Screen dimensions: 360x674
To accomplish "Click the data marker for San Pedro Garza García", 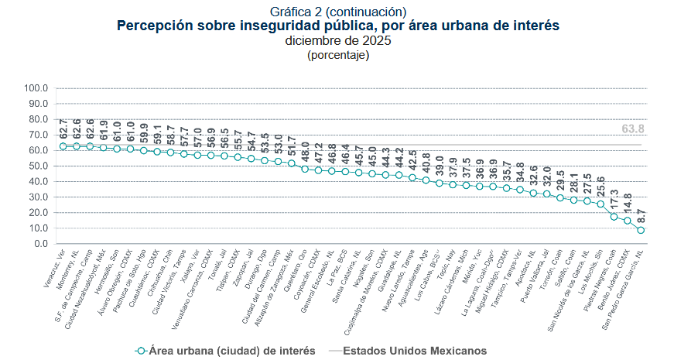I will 641,230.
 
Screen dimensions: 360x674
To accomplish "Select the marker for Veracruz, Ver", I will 63,146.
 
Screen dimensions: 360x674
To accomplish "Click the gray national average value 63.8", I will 633,129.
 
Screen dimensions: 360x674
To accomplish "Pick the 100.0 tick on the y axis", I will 36,88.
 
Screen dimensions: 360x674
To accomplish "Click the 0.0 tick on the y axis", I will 39,244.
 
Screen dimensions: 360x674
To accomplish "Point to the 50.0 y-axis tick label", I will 38,166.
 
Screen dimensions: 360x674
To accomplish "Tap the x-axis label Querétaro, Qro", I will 294,267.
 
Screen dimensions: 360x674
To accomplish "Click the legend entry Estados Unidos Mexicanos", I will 414,350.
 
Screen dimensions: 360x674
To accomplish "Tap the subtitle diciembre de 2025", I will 337,40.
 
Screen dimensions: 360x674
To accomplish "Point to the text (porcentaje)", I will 337,55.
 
